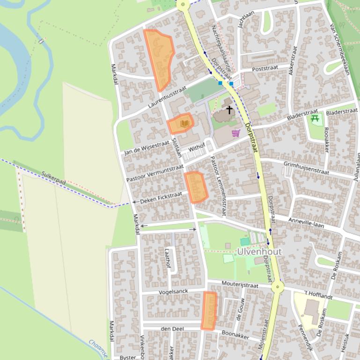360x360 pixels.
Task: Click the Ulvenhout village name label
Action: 259,252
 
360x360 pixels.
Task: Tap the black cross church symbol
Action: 229,110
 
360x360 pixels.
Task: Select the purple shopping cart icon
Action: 235,134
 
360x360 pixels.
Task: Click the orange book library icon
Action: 184,123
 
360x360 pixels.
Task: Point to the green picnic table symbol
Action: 315,118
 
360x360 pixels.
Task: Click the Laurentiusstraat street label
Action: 167,97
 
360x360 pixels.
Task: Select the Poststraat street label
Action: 265,68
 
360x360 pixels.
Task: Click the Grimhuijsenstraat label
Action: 306,167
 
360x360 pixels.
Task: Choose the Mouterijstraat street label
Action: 240,285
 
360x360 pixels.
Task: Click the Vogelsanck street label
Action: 173,292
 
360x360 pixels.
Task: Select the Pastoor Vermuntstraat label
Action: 155,173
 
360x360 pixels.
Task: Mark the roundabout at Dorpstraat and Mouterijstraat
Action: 278,287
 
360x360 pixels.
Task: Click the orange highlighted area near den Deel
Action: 209,311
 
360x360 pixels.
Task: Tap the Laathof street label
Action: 168,258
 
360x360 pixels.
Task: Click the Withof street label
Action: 197,147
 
